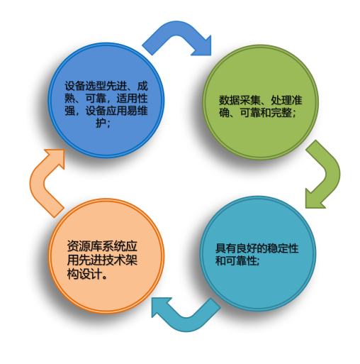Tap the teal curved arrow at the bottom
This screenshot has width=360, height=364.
coord(186,324)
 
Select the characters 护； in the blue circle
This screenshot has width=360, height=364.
coord(103,123)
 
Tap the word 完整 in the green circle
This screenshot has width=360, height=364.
coord(281,112)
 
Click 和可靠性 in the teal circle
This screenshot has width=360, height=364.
coord(236,260)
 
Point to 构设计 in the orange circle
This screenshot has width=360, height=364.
coord(84,274)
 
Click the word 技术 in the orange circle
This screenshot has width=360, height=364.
coord(113,260)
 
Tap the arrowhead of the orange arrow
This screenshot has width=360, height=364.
coord(56,158)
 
